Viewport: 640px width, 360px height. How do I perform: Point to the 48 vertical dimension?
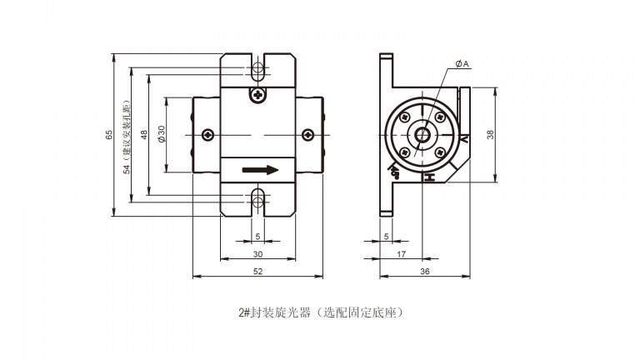point(144,135)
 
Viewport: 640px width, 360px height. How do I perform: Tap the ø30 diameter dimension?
point(162,135)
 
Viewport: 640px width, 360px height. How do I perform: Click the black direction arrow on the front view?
point(260,170)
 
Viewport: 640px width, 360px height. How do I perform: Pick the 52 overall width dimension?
point(257,272)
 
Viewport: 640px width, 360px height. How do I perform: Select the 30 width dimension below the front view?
point(257,253)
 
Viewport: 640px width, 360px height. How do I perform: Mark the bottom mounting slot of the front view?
point(258,199)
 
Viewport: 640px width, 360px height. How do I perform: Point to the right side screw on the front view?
point(308,134)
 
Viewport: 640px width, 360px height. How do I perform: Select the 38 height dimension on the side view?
point(490,135)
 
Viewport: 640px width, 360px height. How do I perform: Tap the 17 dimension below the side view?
point(402,253)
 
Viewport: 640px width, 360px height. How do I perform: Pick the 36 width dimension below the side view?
point(424,272)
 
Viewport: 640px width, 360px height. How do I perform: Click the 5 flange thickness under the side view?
point(386,237)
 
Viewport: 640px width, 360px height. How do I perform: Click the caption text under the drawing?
point(321,313)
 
